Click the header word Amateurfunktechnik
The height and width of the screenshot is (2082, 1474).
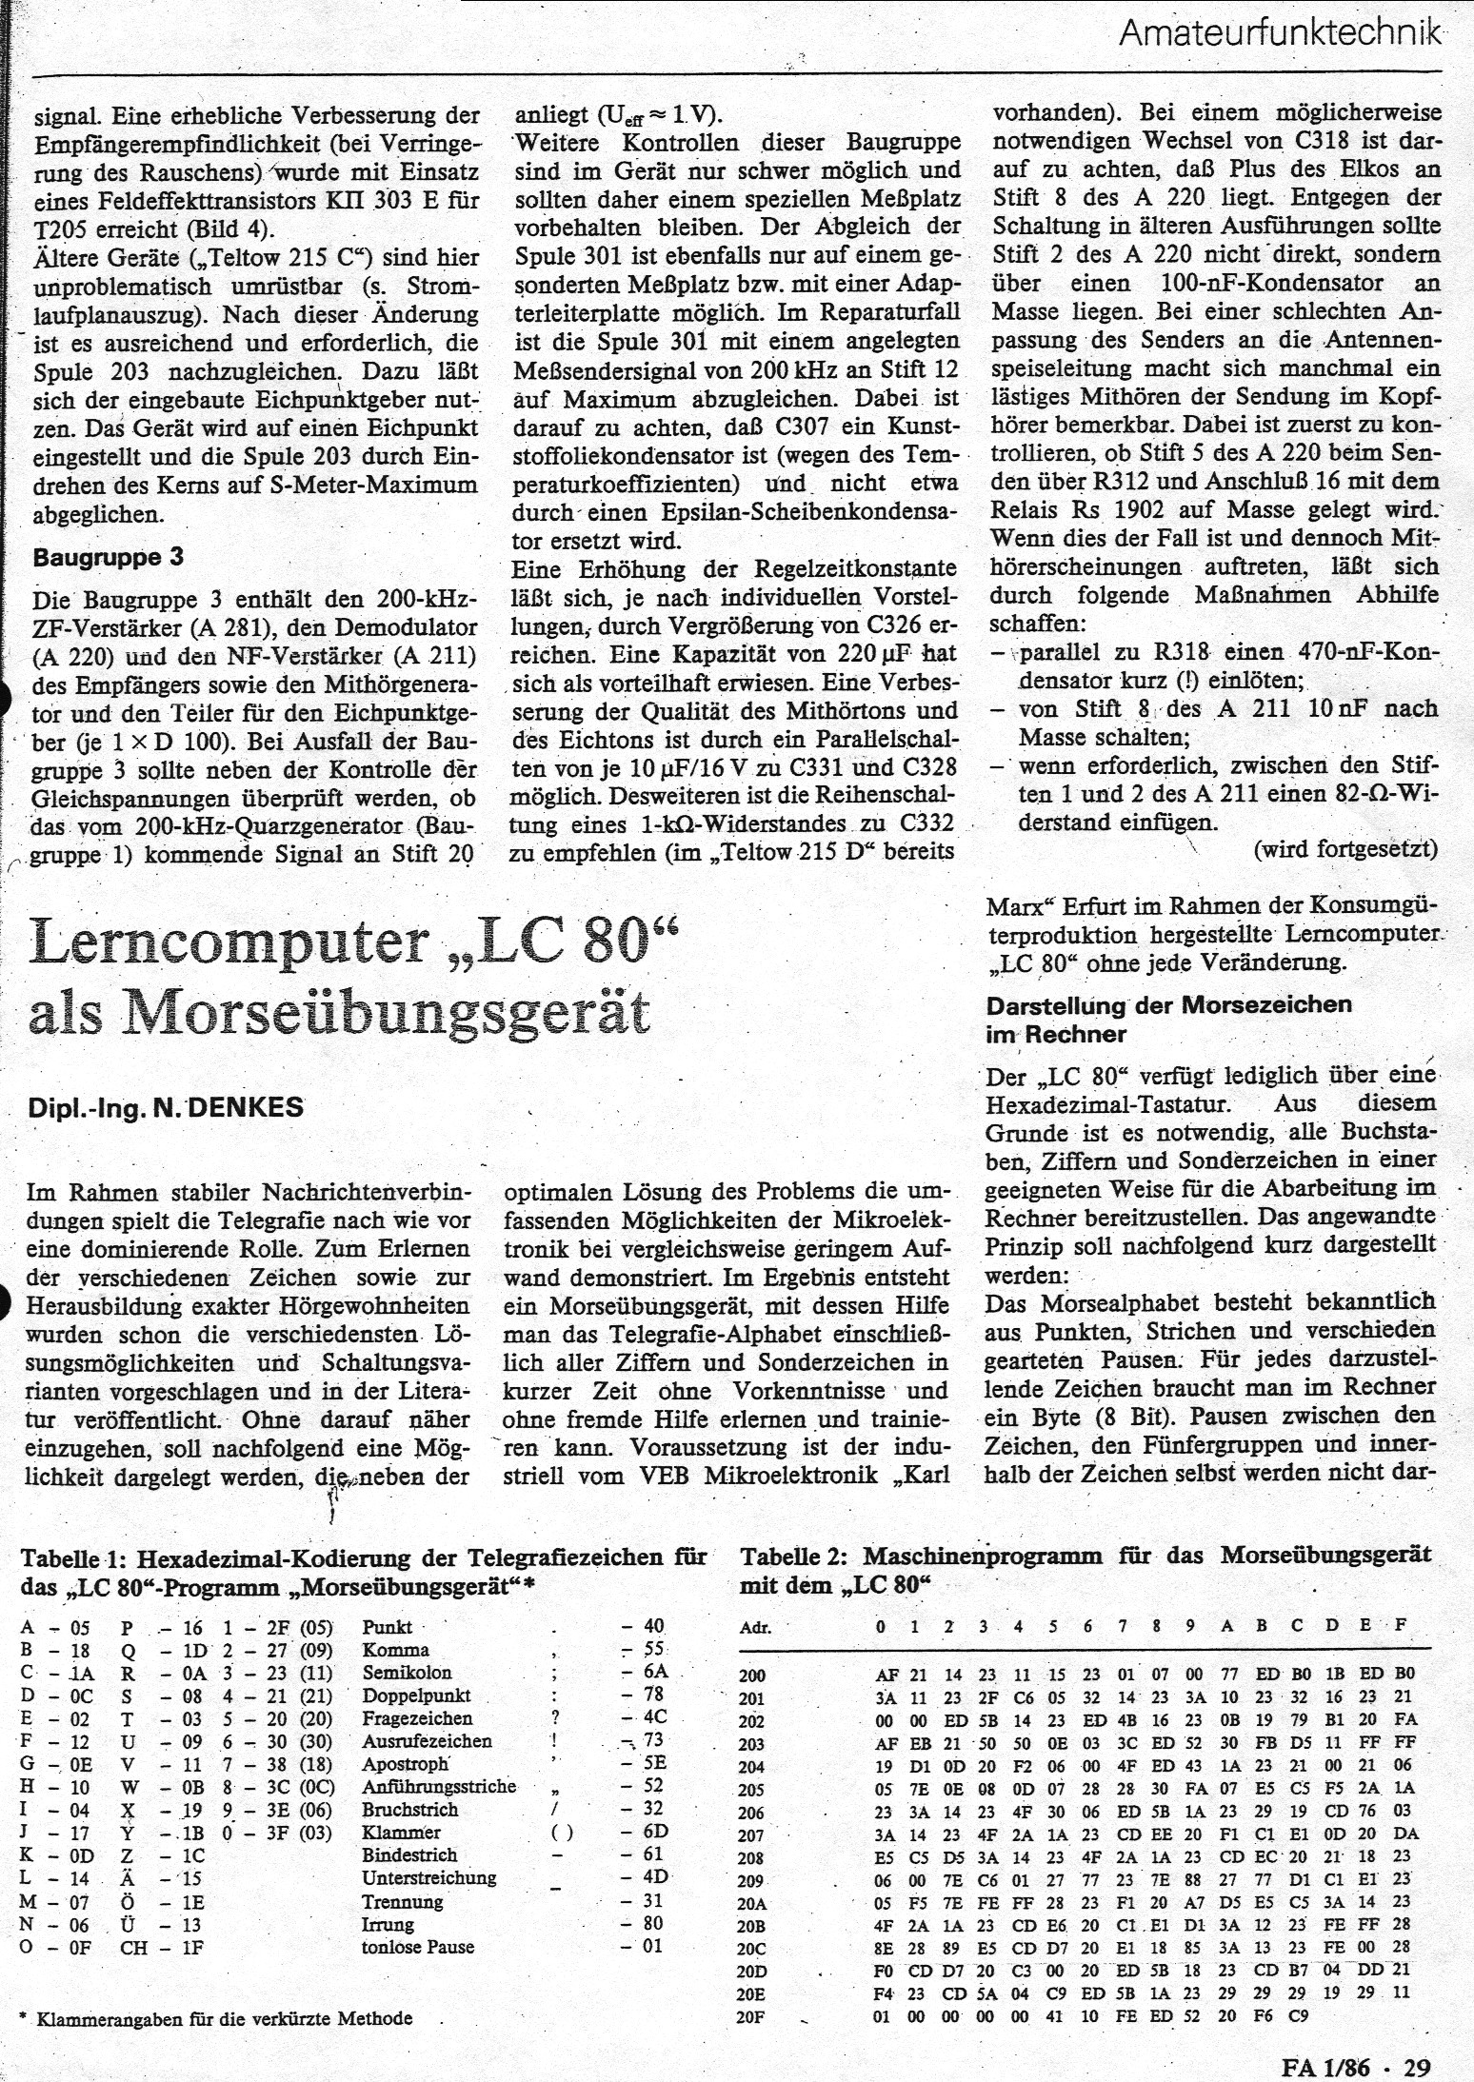coord(1278,34)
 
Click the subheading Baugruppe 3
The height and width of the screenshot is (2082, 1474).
coord(108,557)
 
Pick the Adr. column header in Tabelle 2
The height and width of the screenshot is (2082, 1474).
coord(756,1627)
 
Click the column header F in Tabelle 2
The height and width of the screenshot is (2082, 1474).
coord(1401,1626)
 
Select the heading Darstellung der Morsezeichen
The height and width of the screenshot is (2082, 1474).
coord(1168,1005)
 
